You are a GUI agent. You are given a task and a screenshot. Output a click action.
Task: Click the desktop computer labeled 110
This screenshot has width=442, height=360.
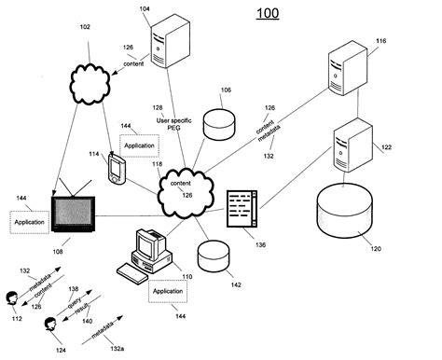[x=145, y=254]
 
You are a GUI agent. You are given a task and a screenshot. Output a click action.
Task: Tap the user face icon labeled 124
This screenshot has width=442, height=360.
[x=51, y=326]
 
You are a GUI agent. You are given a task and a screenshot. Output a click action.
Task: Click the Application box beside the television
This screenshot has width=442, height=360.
[x=29, y=223]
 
